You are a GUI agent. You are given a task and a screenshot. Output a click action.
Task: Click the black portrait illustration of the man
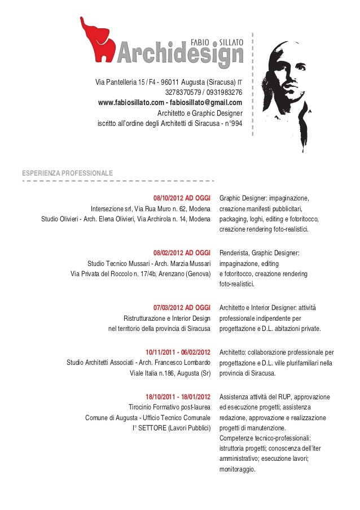pos(289,90)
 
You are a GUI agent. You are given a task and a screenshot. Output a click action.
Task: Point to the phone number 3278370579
pos(183,93)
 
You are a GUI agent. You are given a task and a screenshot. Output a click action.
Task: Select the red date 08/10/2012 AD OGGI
pos(182,198)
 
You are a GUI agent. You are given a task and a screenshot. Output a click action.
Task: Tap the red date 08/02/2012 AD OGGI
pos(182,253)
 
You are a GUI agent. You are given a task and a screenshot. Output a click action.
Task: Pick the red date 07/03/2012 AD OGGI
pos(182,308)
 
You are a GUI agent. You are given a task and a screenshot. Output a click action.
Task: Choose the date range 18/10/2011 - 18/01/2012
pos(178,397)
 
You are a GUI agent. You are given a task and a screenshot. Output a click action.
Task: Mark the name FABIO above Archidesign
pos(201,42)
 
